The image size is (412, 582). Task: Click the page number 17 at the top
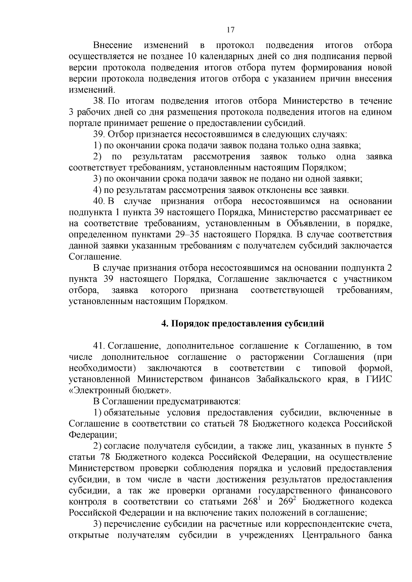pos(230,30)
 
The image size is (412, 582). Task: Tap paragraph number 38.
pos(100,101)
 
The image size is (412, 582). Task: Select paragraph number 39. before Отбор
pos(100,134)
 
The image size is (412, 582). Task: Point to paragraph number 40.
pos(100,201)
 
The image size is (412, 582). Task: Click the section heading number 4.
pos(164,324)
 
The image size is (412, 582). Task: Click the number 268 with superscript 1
pos(251,501)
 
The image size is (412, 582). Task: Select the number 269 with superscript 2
pos(286,501)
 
